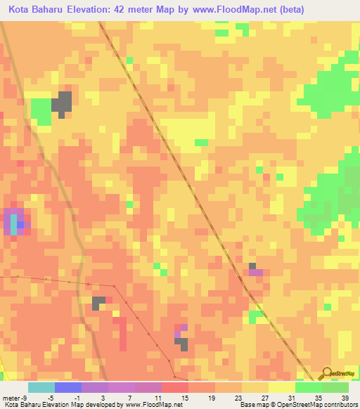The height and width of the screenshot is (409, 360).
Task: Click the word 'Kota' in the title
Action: [x=21, y=11]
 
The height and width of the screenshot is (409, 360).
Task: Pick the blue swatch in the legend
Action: [x=67, y=387]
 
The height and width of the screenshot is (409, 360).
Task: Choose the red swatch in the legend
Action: [x=174, y=387]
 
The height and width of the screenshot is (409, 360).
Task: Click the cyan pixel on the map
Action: [x=13, y=225]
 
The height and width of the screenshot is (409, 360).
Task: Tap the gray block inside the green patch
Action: [x=63, y=103]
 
